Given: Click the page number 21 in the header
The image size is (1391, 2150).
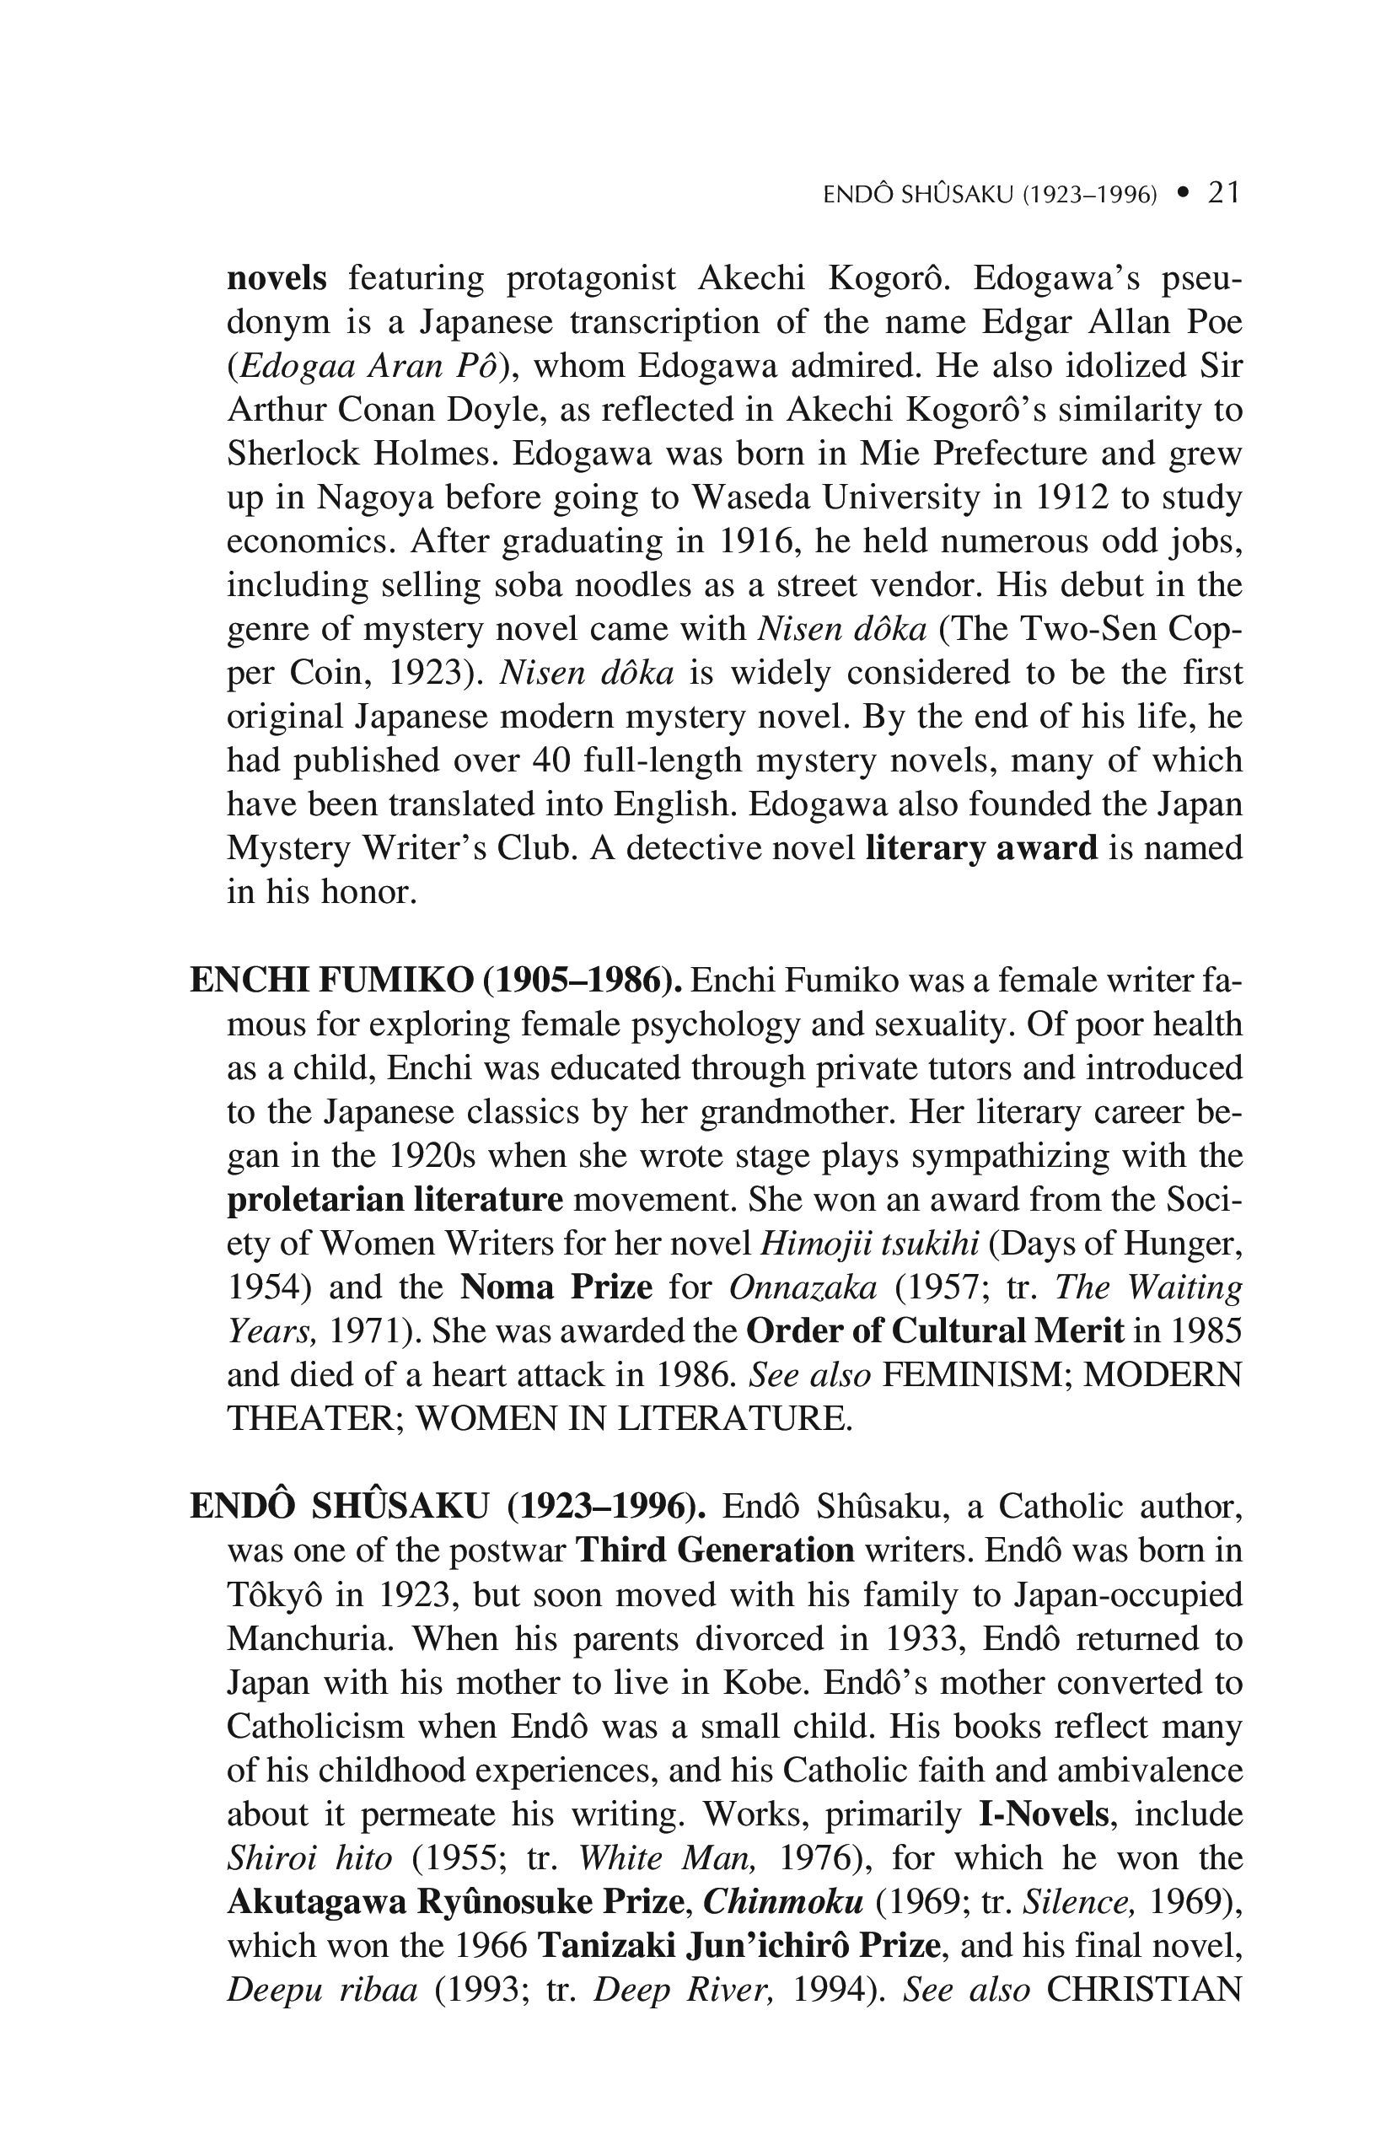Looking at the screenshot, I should pos(1223,192).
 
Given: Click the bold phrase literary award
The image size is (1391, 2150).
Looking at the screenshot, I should pos(981,848).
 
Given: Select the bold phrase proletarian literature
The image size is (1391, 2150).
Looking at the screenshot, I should pos(395,1201).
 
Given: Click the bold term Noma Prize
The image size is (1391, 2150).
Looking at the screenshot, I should pos(556,1287).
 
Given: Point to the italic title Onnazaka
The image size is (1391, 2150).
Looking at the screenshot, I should pos(802,1287).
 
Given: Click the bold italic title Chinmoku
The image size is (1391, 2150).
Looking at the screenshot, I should pos(783,1901).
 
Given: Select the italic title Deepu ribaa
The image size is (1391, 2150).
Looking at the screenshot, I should pos(321,1989).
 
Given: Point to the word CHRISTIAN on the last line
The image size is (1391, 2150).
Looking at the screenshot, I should pos(1143,1989).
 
